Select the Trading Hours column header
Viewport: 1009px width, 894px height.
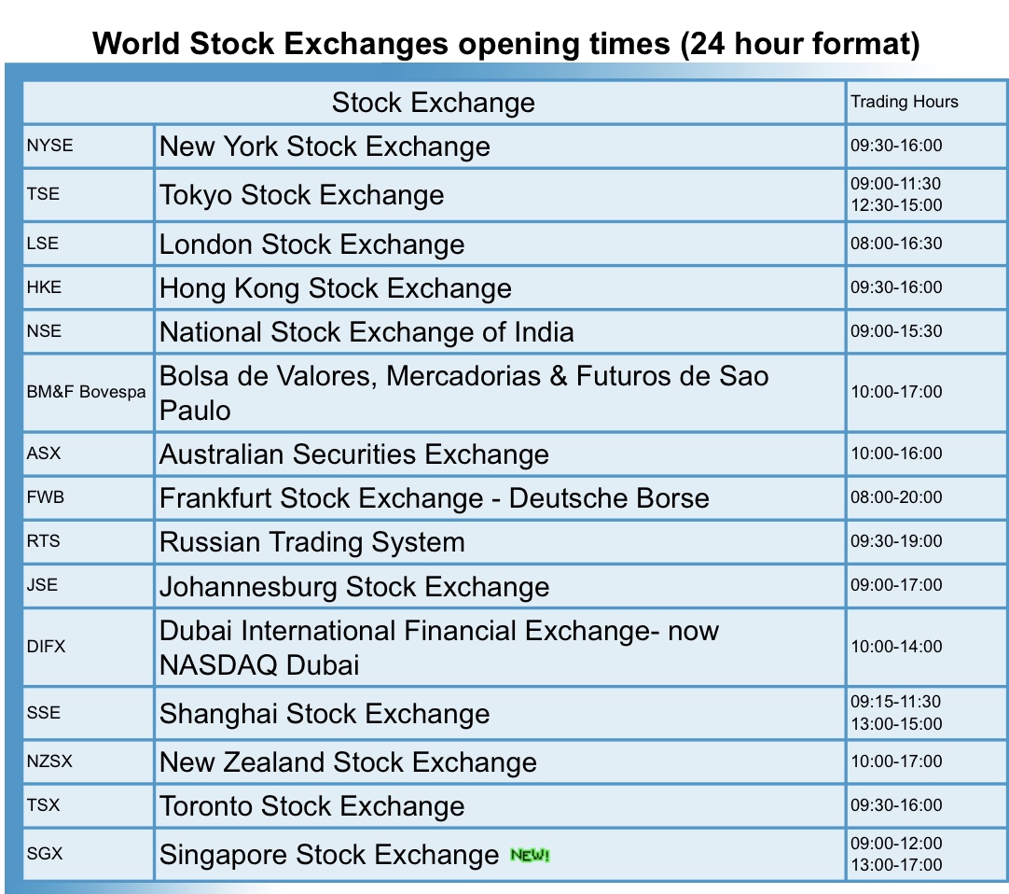point(905,102)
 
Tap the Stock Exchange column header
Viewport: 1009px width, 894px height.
point(433,103)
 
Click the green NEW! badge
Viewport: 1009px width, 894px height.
point(530,855)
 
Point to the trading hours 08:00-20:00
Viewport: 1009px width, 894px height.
point(896,497)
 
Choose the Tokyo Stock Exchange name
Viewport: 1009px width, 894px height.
point(302,195)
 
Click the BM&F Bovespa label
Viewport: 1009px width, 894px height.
point(86,392)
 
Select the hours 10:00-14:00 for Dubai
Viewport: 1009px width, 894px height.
point(896,647)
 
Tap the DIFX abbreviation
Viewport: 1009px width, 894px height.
point(46,647)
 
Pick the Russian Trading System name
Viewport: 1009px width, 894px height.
point(312,542)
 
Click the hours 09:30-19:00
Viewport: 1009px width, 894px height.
point(896,541)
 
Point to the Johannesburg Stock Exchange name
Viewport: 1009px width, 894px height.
point(354,587)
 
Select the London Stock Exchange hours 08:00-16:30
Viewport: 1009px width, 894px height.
point(896,244)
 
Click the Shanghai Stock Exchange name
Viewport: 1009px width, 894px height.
point(325,714)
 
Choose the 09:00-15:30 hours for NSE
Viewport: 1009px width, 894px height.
point(896,331)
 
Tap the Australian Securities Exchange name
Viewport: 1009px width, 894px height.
point(354,454)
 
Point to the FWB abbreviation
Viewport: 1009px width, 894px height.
point(45,497)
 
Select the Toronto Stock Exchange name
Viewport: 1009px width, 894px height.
point(312,806)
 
